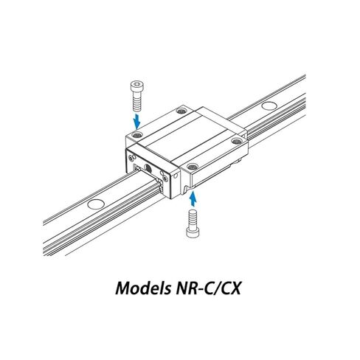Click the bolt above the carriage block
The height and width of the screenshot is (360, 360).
pos(136,96)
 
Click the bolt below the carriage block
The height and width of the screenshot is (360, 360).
pos(193,223)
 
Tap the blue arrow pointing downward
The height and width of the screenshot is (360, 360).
pos(136,120)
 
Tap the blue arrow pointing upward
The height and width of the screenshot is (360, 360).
pos(194,199)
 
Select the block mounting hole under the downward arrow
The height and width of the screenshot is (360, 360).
pos(137,134)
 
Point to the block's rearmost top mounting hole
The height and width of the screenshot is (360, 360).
pos(181,111)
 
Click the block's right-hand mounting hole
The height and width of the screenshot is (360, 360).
pos(237,141)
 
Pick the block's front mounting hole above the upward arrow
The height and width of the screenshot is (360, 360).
pos(193,167)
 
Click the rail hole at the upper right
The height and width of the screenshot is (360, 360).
pos(269,105)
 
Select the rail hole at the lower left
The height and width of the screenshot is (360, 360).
pos(96,204)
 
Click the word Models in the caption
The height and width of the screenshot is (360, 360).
pos(143,288)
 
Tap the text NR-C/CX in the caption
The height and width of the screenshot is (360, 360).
pos(208,288)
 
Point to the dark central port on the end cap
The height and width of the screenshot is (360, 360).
pos(148,168)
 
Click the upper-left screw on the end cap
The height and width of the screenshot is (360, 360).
pos(133,157)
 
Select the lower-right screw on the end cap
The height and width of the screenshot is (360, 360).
pos(165,179)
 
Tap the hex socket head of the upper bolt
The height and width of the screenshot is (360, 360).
pos(136,86)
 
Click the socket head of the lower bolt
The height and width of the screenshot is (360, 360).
pos(193,232)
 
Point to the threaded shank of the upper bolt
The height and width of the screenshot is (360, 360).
pos(136,103)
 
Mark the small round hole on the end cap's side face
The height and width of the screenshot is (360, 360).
pos(176,176)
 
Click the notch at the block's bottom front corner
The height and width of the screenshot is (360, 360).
pos(187,190)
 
